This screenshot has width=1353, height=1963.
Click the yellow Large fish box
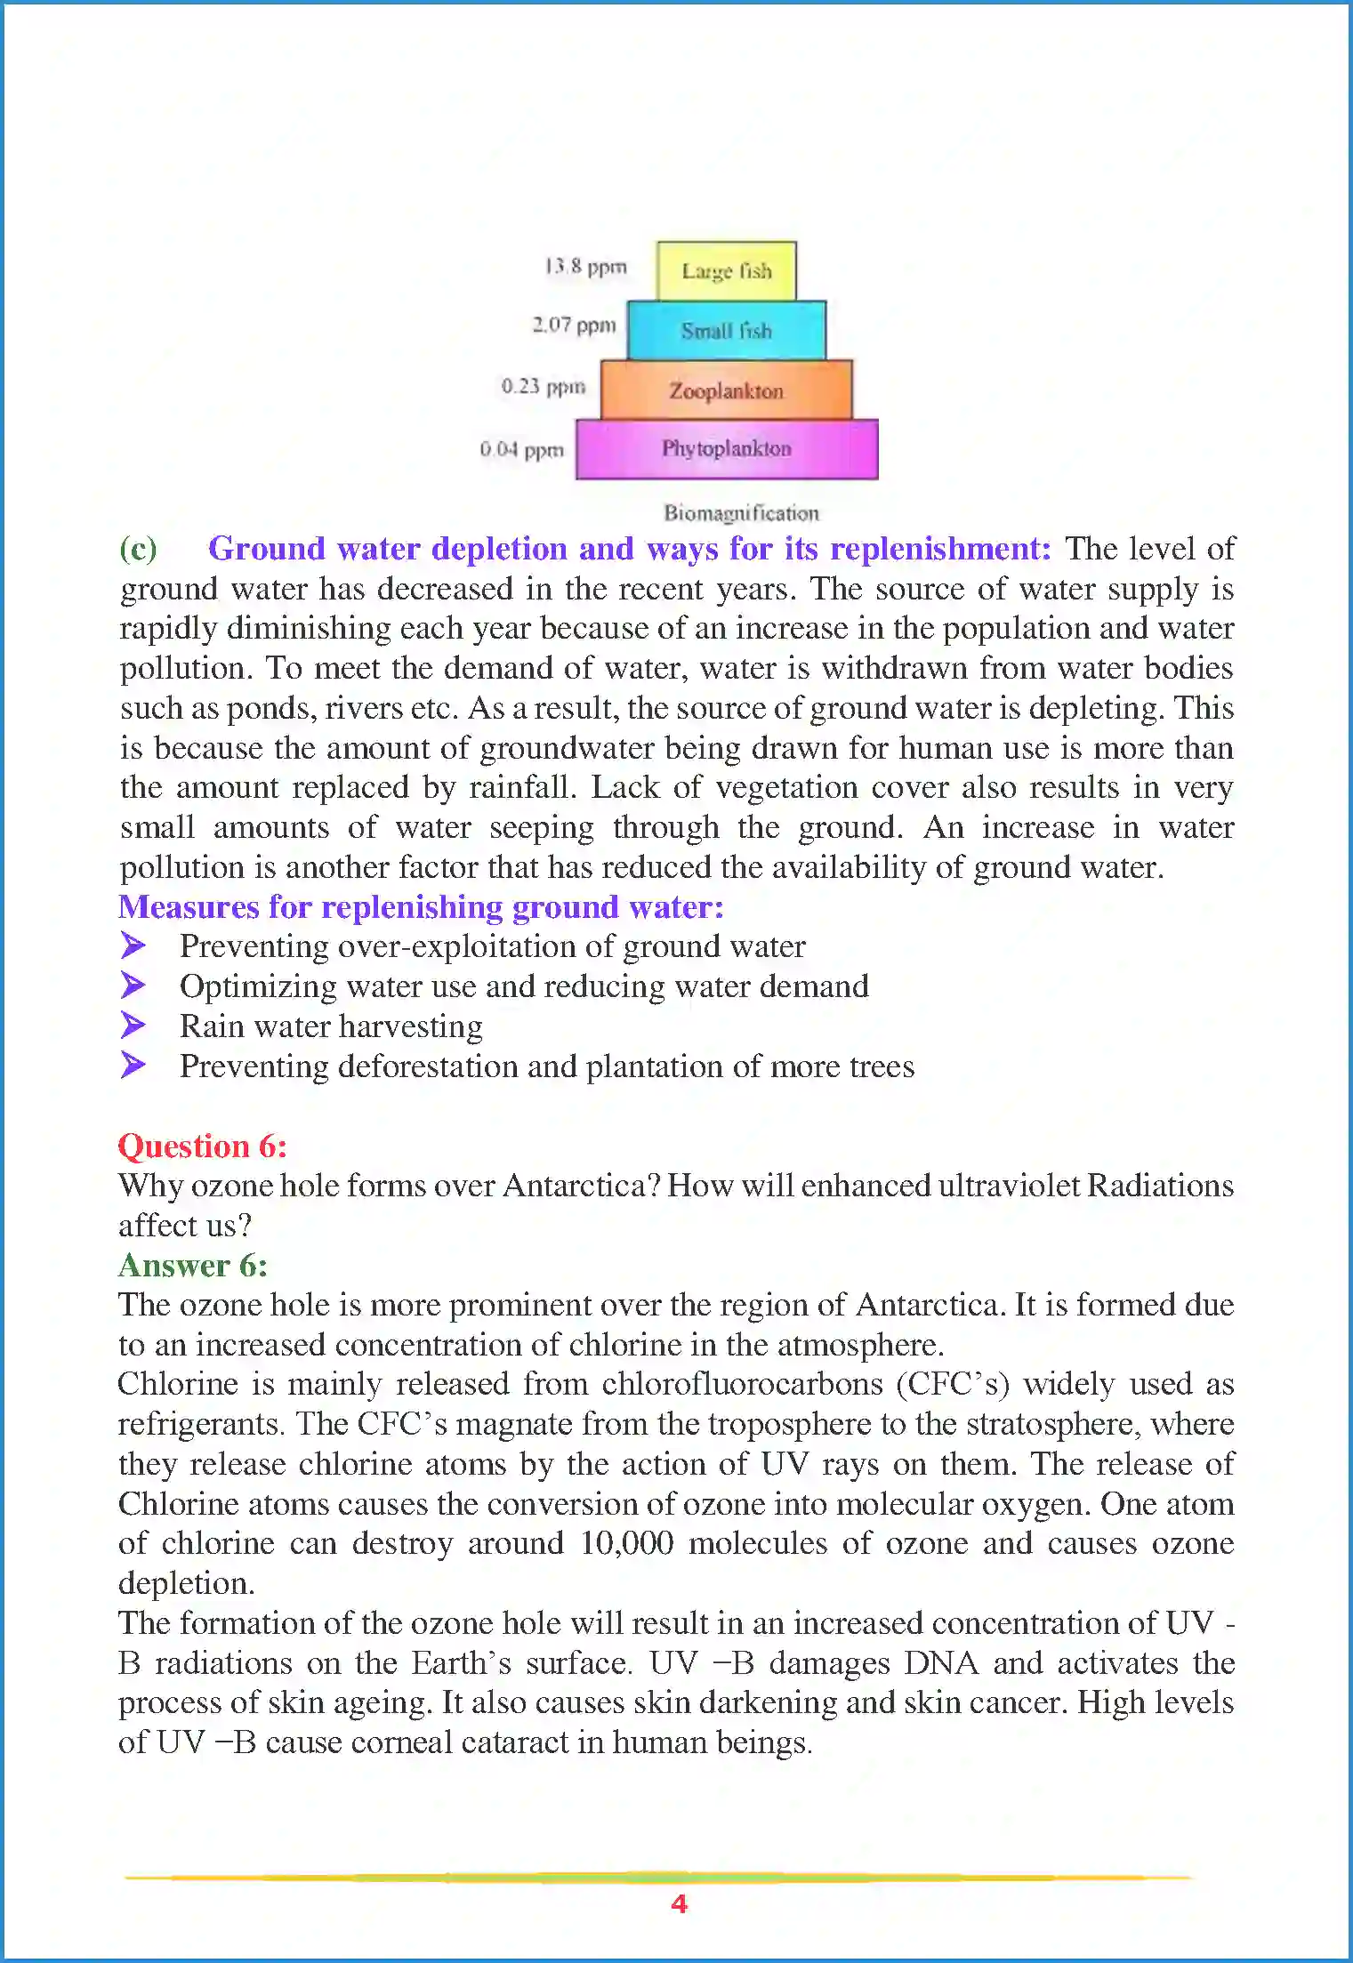point(726,270)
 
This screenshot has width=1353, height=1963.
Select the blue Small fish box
point(726,330)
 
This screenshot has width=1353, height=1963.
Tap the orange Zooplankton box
point(726,390)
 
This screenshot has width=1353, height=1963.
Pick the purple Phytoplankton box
point(726,448)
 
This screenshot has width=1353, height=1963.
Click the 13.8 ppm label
point(585,267)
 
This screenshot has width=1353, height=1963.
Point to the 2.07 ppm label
point(574,325)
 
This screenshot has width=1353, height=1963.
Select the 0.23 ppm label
point(543,386)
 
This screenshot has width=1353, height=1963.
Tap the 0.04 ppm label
point(521,449)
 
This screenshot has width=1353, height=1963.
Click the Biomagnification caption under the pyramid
point(741,512)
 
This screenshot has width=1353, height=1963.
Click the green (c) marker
point(138,549)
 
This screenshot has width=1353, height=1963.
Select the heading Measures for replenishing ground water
point(421,906)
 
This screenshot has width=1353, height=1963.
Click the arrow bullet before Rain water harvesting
point(133,1025)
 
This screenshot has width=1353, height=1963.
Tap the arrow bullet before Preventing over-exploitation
point(133,945)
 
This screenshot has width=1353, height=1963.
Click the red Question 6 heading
point(203,1146)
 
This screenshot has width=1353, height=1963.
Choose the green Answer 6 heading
point(193,1265)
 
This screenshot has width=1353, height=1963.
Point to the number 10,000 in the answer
point(626,1543)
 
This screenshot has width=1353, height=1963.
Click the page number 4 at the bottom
point(679,1904)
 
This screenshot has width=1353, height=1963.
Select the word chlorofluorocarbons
point(742,1384)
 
